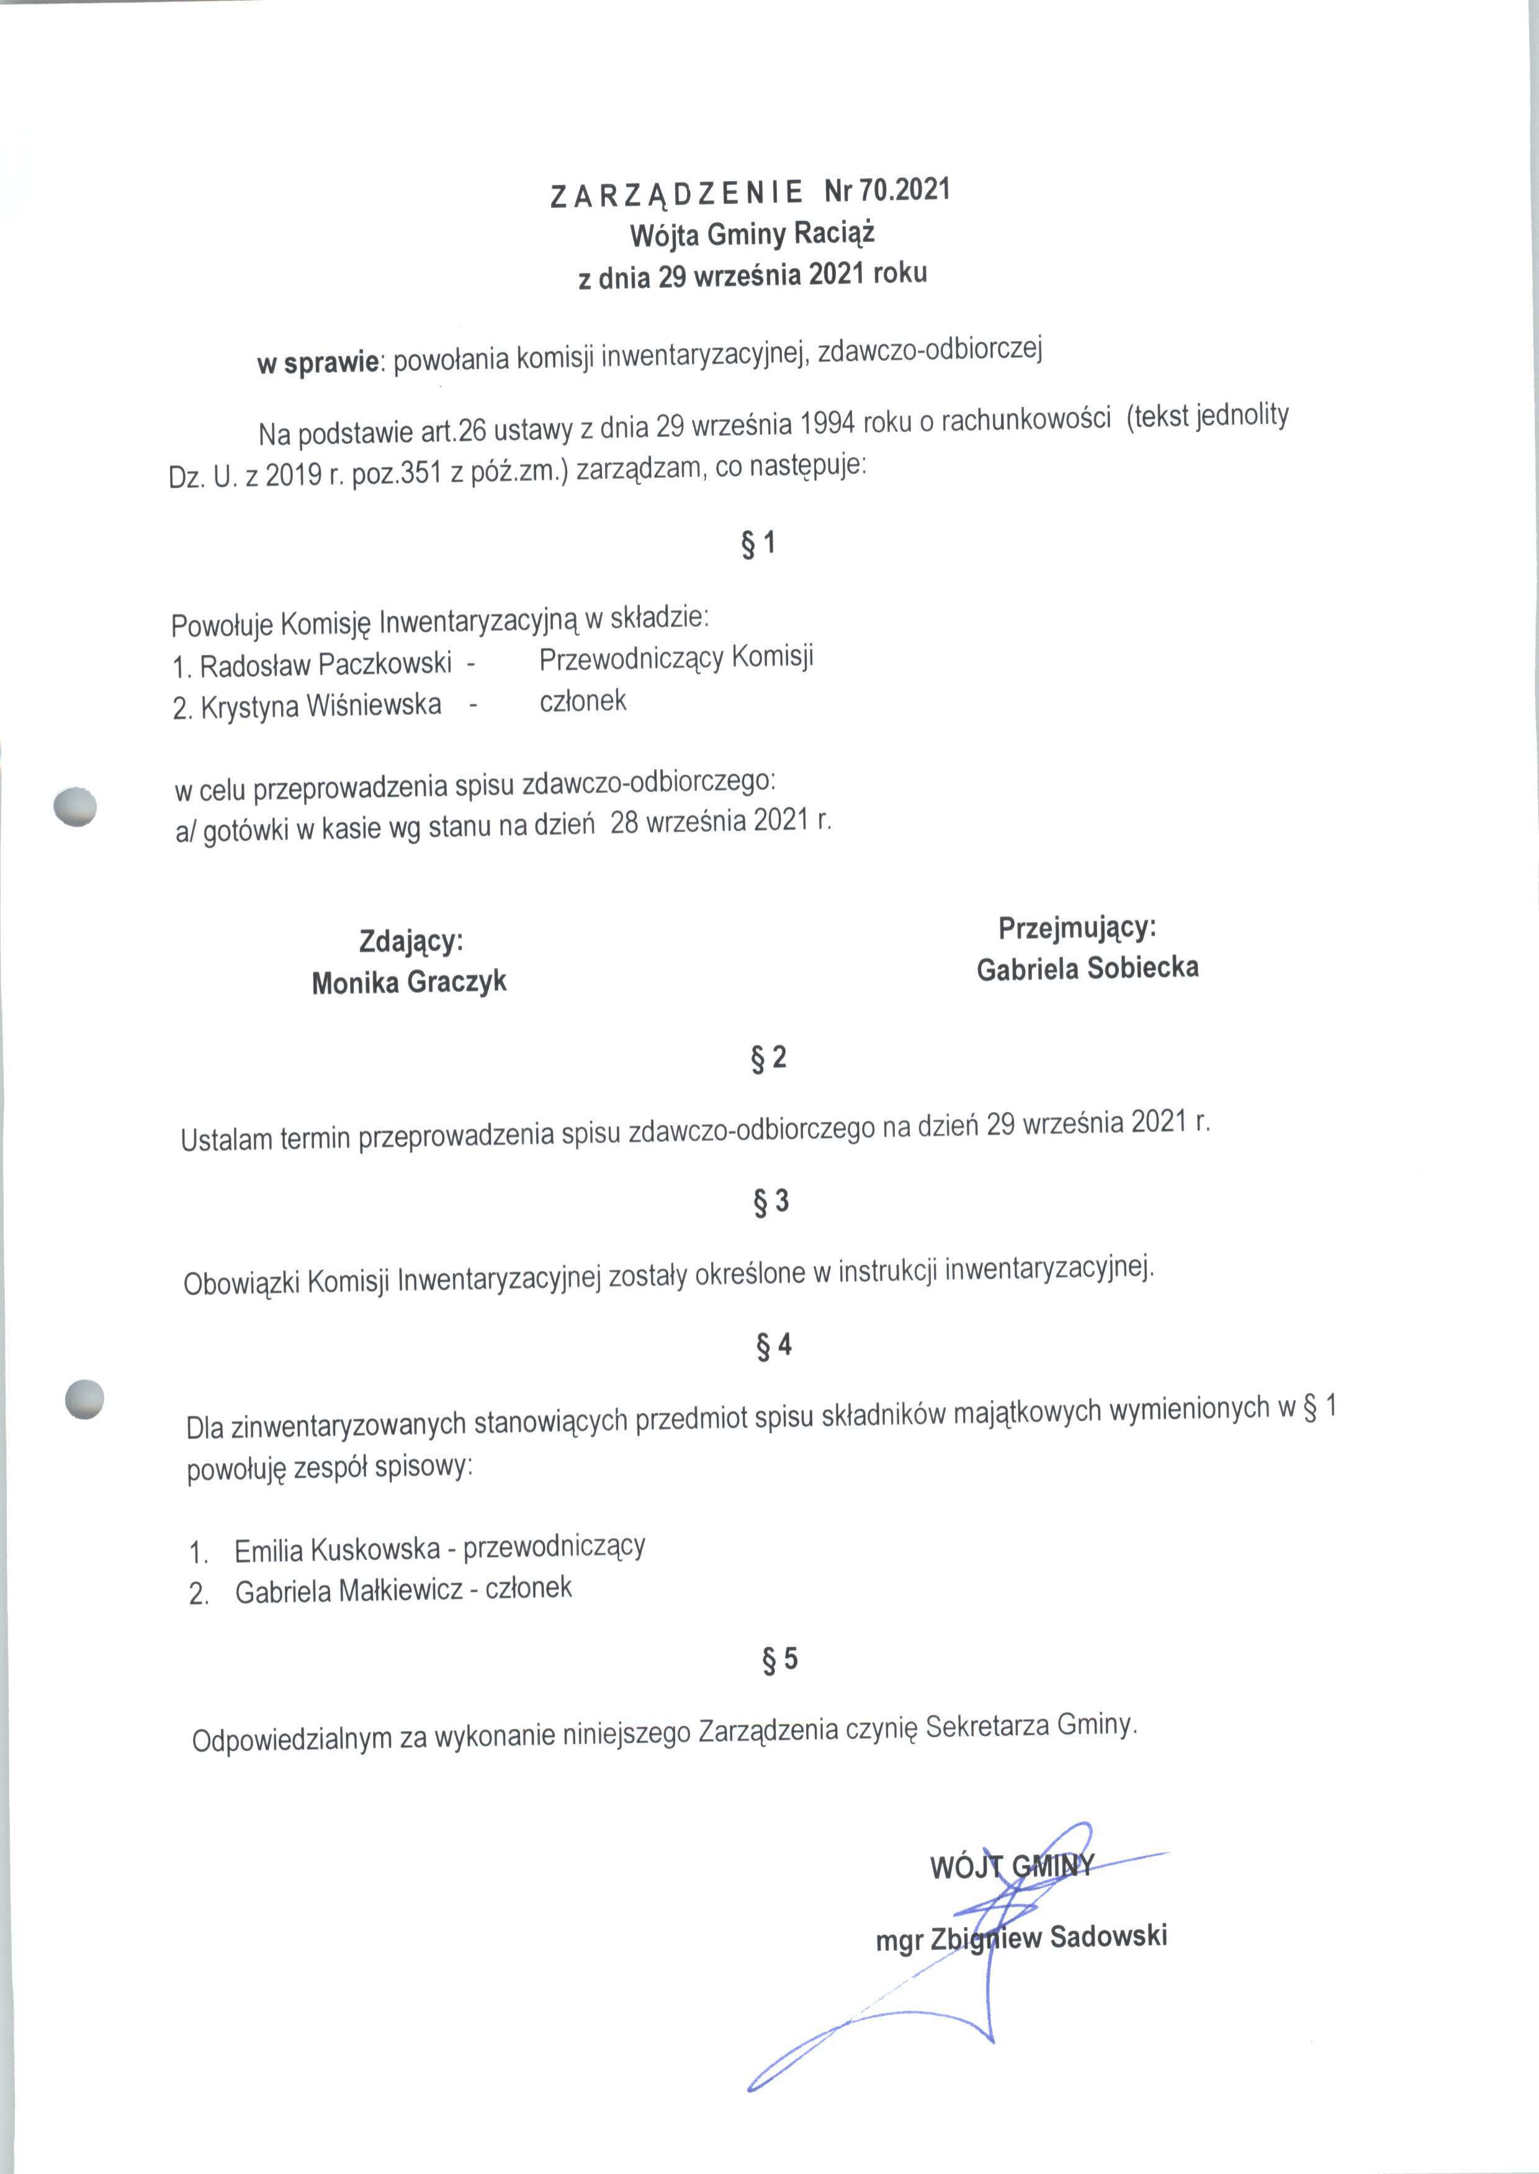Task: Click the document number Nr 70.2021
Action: coord(887,190)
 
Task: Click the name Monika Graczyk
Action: coord(410,982)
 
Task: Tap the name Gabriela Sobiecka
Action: coord(1087,968)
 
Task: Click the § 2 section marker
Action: coord(768,1058)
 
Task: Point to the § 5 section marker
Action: coord(780,1658)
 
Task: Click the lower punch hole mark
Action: coord(83,1398)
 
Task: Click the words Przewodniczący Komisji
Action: coord(676,658)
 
